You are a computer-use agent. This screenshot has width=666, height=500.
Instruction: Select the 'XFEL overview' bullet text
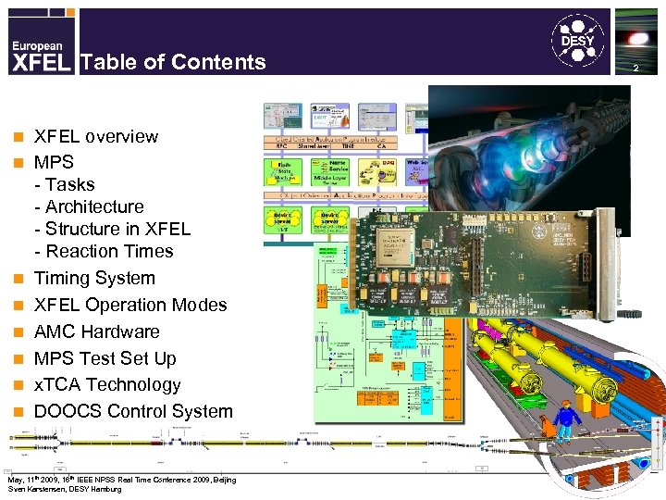[95, 136]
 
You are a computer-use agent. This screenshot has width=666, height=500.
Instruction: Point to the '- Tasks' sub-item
[64, 184]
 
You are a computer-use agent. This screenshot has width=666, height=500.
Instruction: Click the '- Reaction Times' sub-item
[104, 251]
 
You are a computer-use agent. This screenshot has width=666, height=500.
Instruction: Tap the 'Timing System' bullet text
[94, 278]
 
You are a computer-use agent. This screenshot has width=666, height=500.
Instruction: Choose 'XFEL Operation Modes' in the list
[129, 305]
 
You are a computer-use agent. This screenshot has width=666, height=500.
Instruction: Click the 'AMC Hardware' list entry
[96, 331]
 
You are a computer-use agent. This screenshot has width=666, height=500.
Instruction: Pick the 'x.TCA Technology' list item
[107, 384]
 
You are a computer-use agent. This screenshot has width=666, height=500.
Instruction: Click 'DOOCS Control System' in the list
[133, 411]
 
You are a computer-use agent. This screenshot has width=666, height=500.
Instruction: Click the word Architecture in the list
[94, 206]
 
